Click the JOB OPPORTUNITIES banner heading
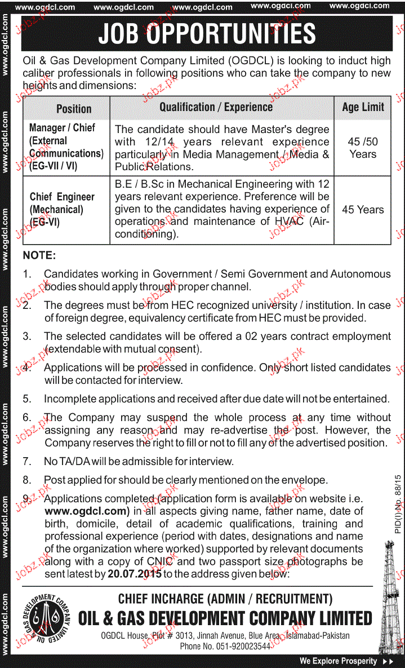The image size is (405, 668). tap(207, 33)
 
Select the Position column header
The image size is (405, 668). tap(74, 109)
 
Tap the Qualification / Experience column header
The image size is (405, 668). tap(216, 107)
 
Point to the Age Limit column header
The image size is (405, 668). tap(363, 107)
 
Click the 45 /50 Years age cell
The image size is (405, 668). tap(363, 148)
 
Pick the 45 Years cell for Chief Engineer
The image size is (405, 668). tap(363, 210)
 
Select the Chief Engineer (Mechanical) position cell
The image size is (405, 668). tap(62, 209)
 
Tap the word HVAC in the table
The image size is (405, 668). tap(289, 222)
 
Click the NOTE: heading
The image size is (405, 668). tap(39, 255)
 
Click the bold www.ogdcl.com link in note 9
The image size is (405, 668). tap(87, 511)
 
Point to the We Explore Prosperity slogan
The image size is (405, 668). tap(338, 661)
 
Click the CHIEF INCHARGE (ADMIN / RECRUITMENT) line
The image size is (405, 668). tap(225, 599)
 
